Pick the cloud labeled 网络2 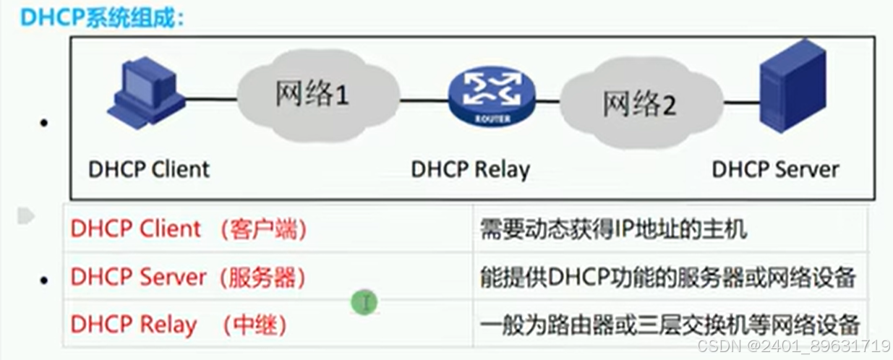640,105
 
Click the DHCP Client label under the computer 148,169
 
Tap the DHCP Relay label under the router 470,169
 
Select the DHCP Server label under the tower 775,169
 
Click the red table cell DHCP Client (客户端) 189,229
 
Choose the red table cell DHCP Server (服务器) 189,276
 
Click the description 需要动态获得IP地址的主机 613,230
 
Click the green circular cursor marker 365,301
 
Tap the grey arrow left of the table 26,215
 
